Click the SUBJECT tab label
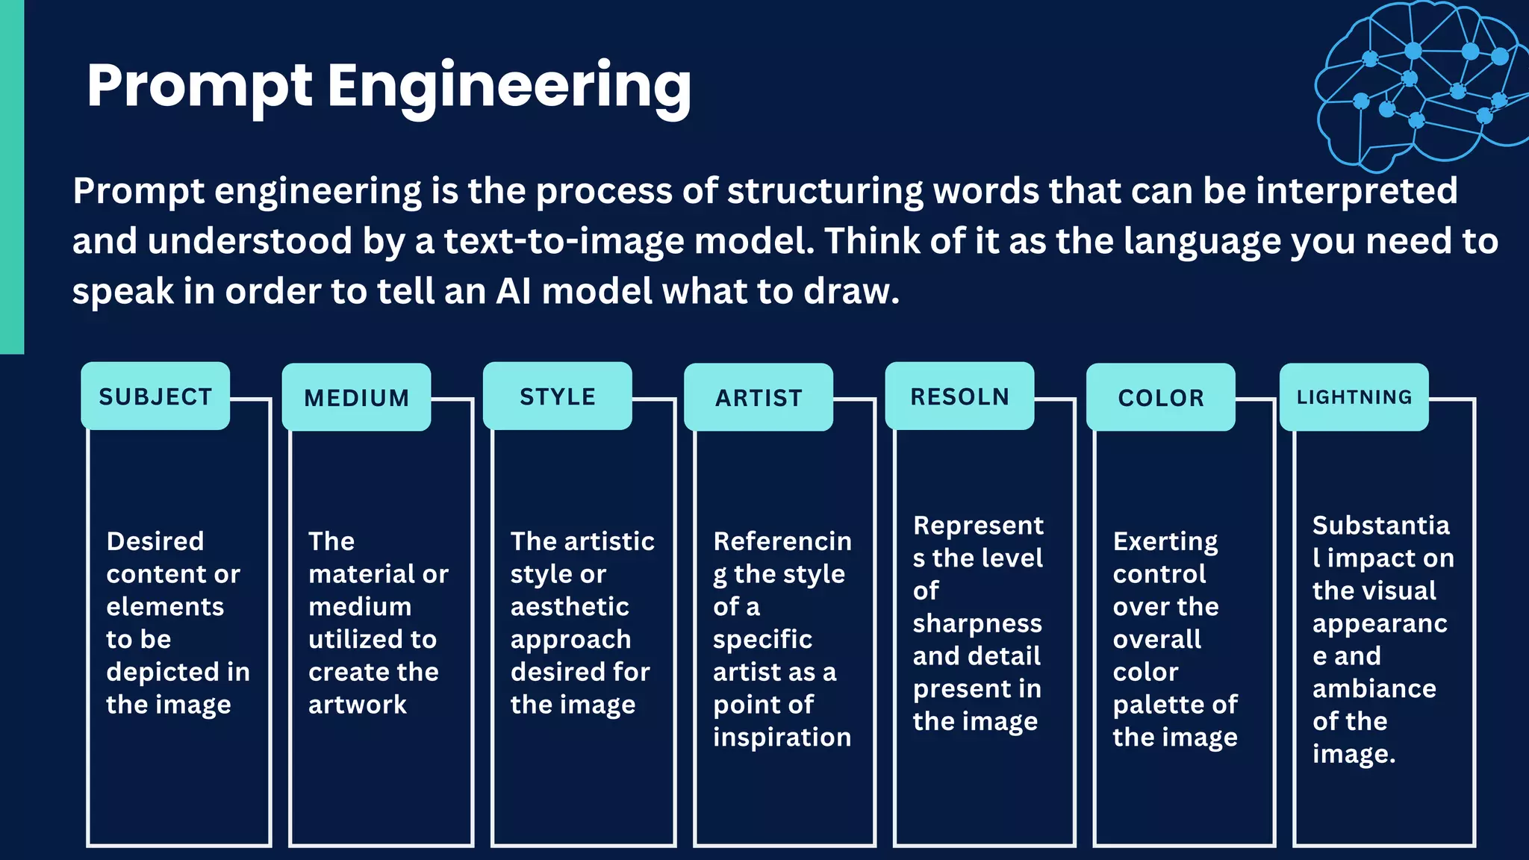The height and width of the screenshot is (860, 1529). tap(155, 396)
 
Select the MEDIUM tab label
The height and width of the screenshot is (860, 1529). tap(356, 398)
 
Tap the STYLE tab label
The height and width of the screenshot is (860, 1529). tap(558, 396)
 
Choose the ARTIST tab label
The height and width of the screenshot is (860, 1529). tap(759, 398)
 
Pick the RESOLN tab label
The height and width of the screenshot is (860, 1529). tap(959, 396)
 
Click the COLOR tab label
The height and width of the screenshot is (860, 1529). tap(1161, 398)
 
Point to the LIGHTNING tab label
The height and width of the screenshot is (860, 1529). tap(1354, 397)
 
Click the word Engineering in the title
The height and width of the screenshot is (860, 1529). tap(509, 87)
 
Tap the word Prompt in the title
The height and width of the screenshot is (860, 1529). tap(199, 87)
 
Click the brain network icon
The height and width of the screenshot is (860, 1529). tap(1419, 82)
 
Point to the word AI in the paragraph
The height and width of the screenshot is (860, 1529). tap(514, 291)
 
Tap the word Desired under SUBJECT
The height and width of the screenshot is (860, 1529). tap(155, 541)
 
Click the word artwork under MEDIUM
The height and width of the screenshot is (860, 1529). tap(358, 705)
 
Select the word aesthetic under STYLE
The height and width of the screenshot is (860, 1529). tap(570, 607)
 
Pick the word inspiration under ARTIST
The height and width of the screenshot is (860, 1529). tap(782, 738)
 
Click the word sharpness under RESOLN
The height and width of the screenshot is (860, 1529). tap(977, 623)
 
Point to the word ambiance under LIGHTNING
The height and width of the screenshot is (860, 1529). tap(1374, 688)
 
